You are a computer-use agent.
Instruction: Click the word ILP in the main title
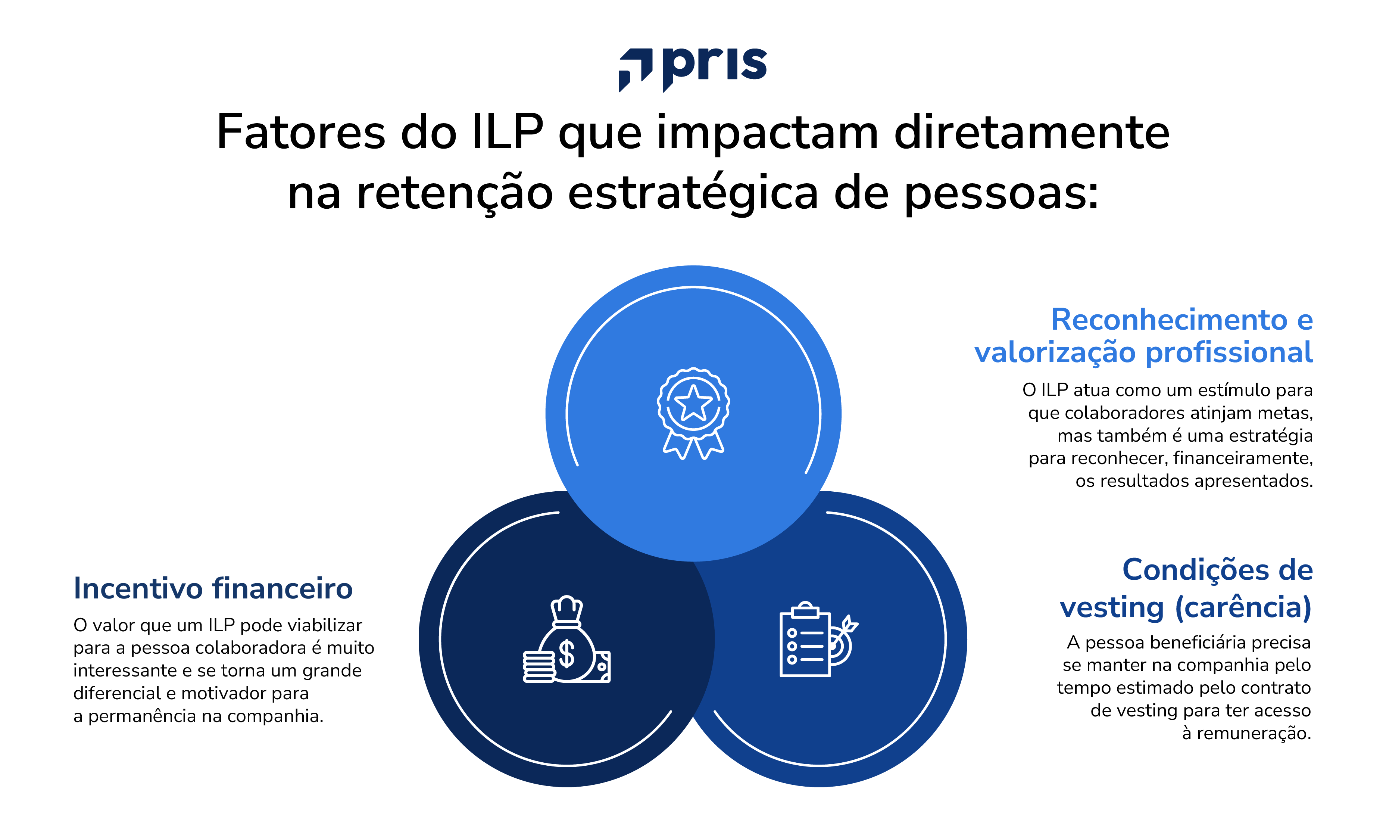click(x=508, y=133)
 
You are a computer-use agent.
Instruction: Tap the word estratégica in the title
click(x=693, y=193)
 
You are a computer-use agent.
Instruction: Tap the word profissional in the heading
click(x=1229, y=353)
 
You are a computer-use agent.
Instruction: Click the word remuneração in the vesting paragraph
click(x=1253, y=734)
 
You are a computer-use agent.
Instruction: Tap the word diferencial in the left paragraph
click(x=117, y=693)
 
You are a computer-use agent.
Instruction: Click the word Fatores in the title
click(x=301, y=133)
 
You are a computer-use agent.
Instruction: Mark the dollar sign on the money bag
click(x=566, y=654)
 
